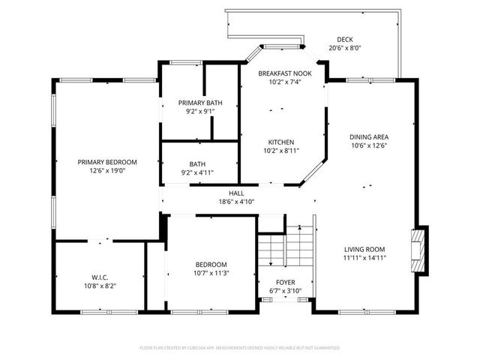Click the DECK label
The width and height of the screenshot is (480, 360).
pos(345,40)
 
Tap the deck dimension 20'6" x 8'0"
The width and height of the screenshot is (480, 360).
pos(345,49)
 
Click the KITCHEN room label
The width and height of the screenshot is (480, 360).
pos(281,142)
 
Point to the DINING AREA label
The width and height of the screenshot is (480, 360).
pos(369,136)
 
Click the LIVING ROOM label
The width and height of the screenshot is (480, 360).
pos(364,249)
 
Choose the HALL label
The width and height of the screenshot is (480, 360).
pos(236,193)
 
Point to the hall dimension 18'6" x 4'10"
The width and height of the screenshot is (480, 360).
pos(236,202)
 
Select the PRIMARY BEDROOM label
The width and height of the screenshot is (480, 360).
pos(107,162)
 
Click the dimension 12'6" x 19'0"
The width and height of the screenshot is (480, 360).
pos(107,171)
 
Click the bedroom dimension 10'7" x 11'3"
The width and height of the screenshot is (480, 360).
pos(211,273)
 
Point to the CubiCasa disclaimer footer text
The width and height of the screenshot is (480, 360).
pos(240,348)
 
